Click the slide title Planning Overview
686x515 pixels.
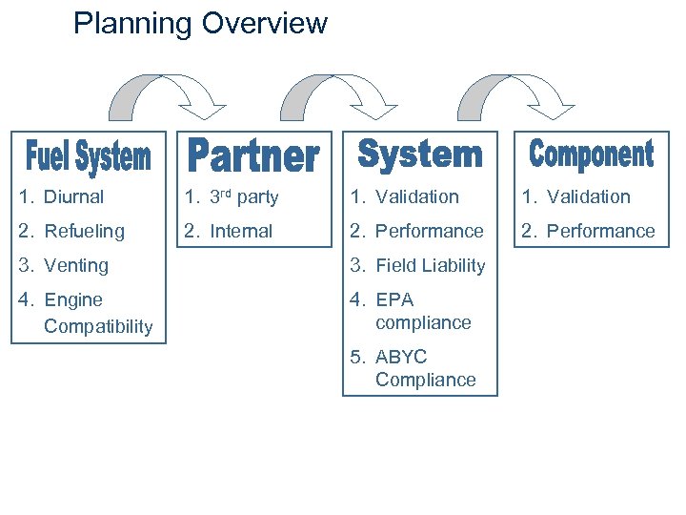(200, 23)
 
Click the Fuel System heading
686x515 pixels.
(88, 156)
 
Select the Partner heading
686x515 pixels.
(252, 155)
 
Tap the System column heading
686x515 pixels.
(420, 154)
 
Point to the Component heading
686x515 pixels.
(592, 154)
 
